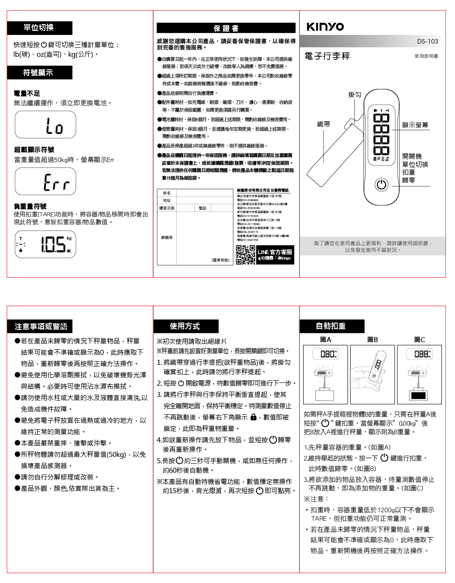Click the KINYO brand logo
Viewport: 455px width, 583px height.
point(325,27)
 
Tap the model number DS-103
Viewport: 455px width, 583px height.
point(427,41)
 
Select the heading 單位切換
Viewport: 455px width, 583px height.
point(39,28)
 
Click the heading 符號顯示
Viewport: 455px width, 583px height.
point(39,73)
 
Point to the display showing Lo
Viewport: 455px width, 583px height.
point(45,124)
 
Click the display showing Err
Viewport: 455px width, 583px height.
point(45,181)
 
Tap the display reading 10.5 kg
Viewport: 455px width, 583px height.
point(45,245)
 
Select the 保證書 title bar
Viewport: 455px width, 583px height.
point(226,28)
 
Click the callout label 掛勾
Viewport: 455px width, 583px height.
point(355,94)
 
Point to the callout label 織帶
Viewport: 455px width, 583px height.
point(324,124)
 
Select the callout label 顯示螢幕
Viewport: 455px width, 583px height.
point(415,125)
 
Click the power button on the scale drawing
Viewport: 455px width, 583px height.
point(382,185)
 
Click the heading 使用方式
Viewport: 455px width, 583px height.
point(185,326)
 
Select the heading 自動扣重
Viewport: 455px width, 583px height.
point(331,326)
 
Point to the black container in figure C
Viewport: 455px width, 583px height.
point(419,396)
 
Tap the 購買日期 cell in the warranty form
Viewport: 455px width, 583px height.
point(167,208)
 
